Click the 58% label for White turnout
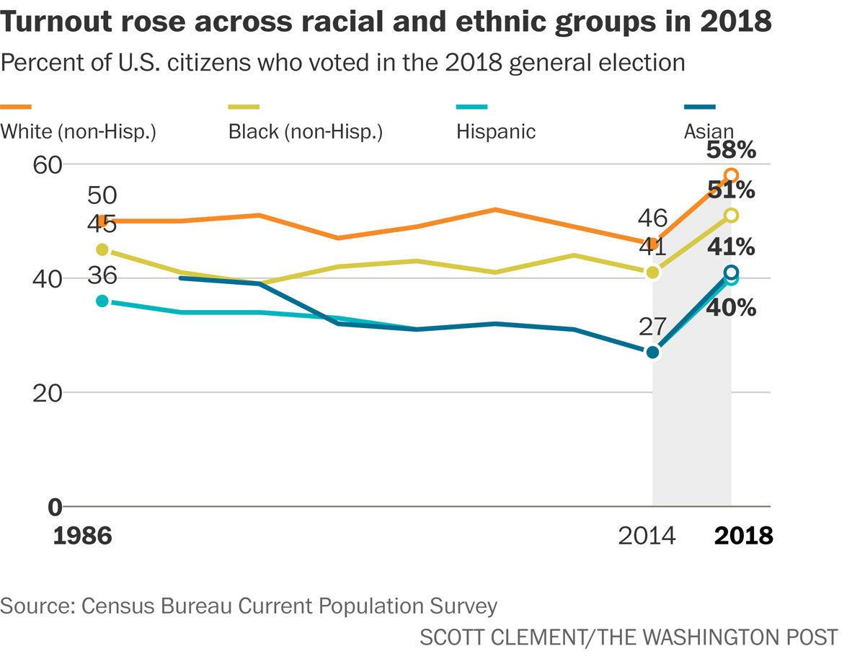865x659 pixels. click(731, 151)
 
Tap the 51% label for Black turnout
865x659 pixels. click(731, 190)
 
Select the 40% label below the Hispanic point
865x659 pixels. click(731, 308)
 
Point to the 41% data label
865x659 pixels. click(731, 247)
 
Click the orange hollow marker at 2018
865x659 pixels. click(731, 175)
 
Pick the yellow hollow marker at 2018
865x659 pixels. click(731, 215)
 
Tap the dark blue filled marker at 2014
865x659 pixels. click(652, 352)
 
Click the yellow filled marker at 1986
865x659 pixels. click(102, 249)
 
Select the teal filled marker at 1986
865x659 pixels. click(102, 301)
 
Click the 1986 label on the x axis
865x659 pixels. click(82, 536)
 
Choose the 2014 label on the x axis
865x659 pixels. click(647, 536)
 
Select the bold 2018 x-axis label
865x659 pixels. click(742, 536)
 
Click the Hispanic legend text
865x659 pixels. click(496, 132)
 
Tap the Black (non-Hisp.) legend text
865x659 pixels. click(305, 132)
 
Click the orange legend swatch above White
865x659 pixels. click(16, 107)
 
